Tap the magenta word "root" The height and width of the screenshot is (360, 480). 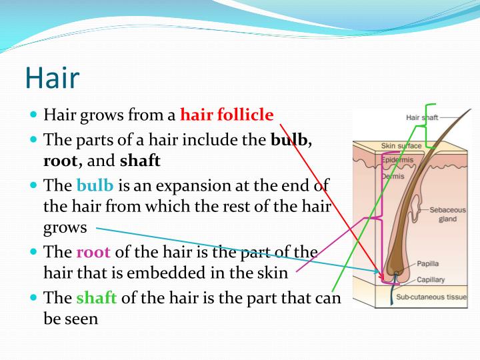pyautogui.click(x=93, y=252)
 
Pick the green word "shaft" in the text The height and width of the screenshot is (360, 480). pyautogui.click(x=96, y=297)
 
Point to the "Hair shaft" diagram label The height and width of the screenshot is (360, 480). pyautogui.click(x=422, y=117)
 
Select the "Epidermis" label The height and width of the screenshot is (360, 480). pyautogui.click(x=397, y=160)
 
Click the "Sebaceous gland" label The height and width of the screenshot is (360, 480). pyautogui.click(x=447, y=214)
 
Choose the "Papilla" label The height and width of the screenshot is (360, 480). pyautogui.click(x=427, y=263)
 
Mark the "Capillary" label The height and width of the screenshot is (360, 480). pyautogui.click(x=431, y=279)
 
